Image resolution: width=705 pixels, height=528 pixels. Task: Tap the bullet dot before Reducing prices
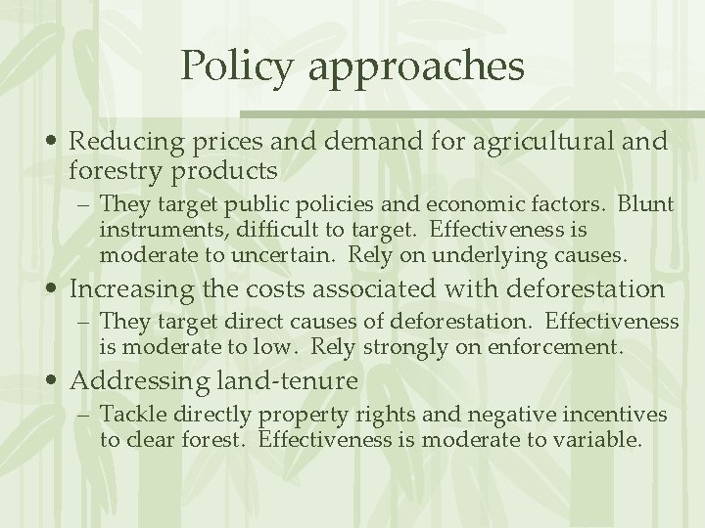pyautogui.click(x=57, y=143)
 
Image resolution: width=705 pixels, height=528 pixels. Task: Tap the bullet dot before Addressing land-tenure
pyautogui.click(x=57, y=380)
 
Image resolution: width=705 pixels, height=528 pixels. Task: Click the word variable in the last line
pyautogui.click(x=597, y=439)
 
